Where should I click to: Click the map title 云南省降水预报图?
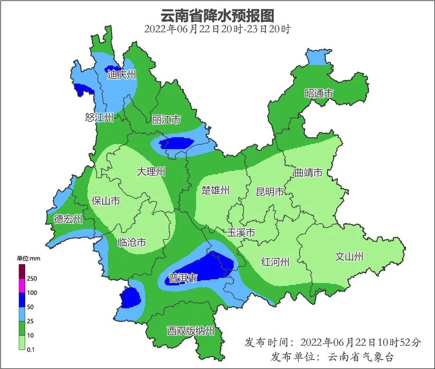pyautogui.click(x=217, y=15)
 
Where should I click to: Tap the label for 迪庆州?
pyautogui.click(x=122, y=75)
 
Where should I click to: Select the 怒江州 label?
pyautogui.click(x=99, y=117)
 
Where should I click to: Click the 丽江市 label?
pyautogui.click(x=166, y=120)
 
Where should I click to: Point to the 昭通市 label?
pyautogui.click(x=319, y=94)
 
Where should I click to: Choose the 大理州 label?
pyautogui.click(x=151, y=171)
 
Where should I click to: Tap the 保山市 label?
pyautogui.click(x=106, y=201)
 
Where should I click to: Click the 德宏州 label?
pyautogui.click(x=68, y=219)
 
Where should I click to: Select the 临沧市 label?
pyautogui.click(x=132, y=242)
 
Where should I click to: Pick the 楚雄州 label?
pyautogui.click(x=216, y=190)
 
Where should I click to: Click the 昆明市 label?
pyautogui.click(x=270, y=192)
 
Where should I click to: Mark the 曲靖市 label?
pyautogui.click(x=308, y=172)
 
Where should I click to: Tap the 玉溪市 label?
pyautogui.click(x=241, y=233)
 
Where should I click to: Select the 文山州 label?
pyautogui.click(x=349, y=256)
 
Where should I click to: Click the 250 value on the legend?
pyautogui.click(x=32, y=278)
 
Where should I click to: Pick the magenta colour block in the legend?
pyautogui.click(x=22, y=285)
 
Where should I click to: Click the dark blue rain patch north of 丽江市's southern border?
pyautogui.click(x=177, y=142)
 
